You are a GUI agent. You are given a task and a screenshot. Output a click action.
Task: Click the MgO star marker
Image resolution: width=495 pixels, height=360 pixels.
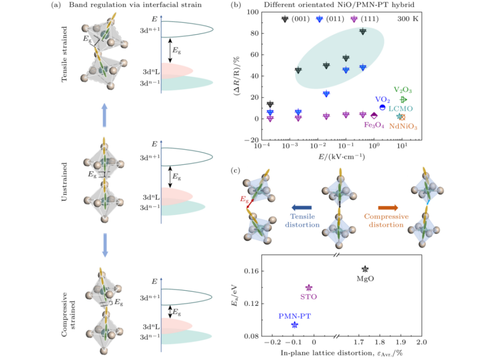[365, 269]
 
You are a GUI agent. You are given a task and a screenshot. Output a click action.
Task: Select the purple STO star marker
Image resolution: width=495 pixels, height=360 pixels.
[309, 288]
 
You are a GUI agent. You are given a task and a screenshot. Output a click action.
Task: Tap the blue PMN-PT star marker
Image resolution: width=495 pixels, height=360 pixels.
[294, 325]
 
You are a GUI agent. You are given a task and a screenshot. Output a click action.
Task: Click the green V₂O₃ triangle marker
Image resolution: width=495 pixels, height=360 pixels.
[403, 100]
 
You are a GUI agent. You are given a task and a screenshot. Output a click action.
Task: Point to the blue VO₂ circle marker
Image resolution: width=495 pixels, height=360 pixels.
[382, 107]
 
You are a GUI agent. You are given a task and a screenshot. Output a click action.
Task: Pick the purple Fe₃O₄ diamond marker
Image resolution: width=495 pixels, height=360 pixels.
[374, 116]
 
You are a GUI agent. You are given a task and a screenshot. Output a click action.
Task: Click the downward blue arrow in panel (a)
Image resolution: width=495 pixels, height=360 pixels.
[104, 245]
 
